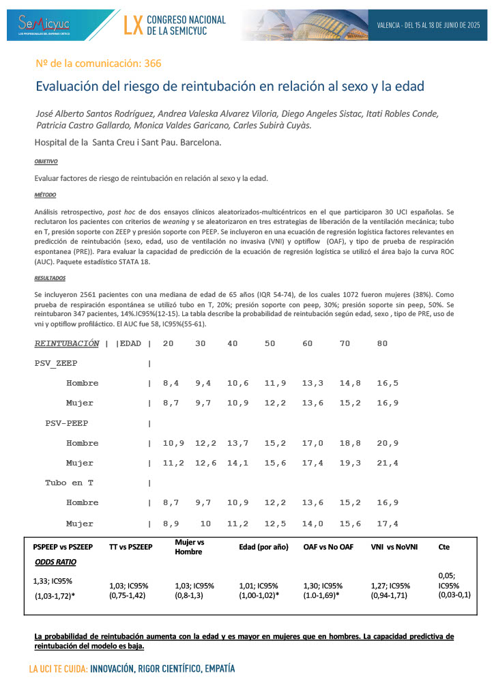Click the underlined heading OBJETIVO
tap(46, 162)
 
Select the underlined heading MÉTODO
tap(44, 195)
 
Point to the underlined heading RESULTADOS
tap(50, 279)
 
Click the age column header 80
tap(382, 343)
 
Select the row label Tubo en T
tap(69, 483)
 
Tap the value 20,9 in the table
tap(388, 443)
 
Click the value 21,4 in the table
tap(388, 463)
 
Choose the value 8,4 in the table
tap(171, 383)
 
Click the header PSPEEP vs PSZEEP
tap(62, 547)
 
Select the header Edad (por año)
tap(264, 547)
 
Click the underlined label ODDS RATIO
tap(55, 562)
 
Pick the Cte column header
tap(444, 547)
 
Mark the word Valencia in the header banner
tap(389, 25)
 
